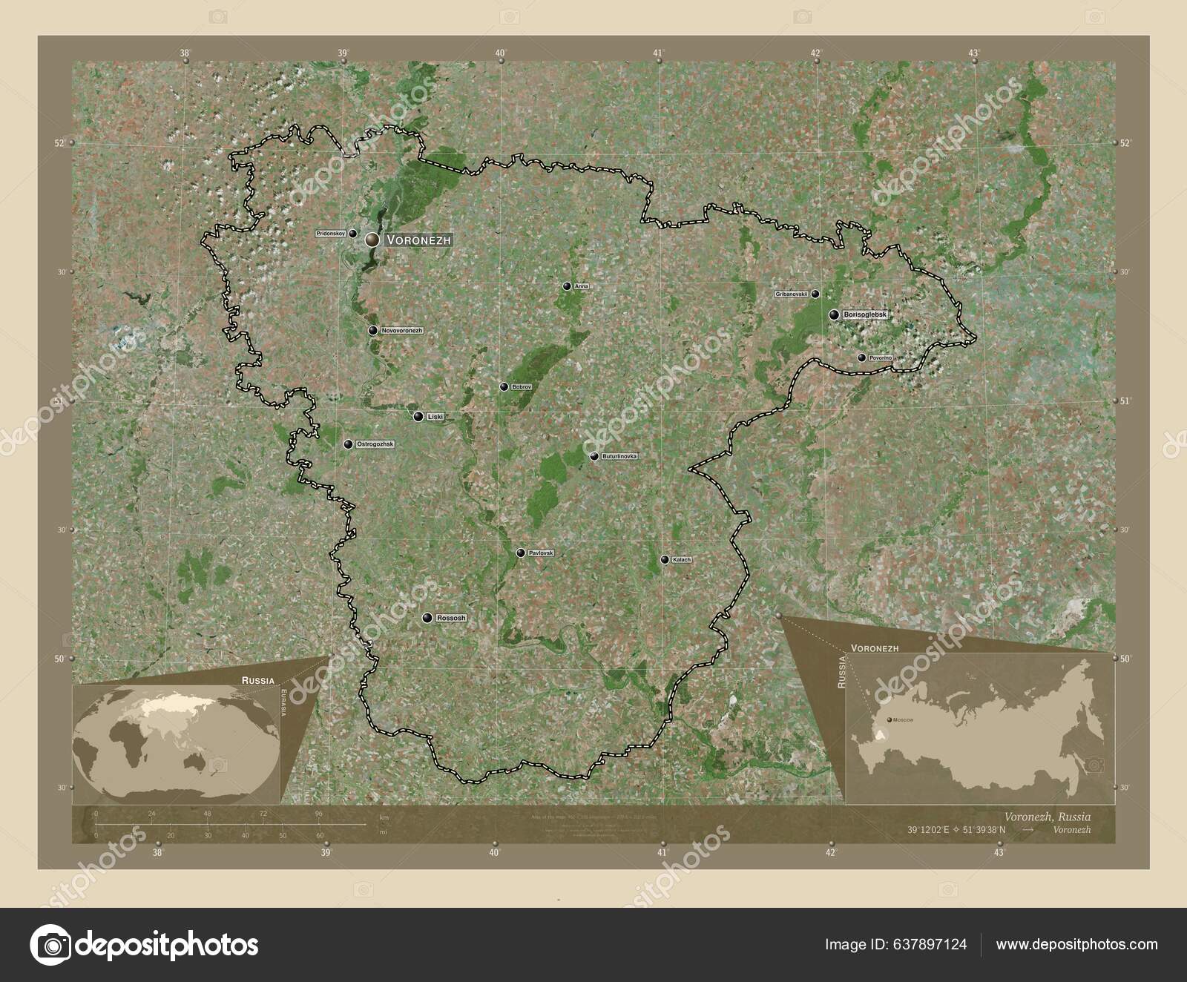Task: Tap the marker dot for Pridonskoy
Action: tap(353, 234)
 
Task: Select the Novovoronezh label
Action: tap(402, 330)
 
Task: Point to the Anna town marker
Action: tap(567, 286)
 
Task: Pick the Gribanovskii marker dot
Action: tap(815, 294)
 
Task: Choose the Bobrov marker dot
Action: tap(504, 387)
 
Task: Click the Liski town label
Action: tap(435, 417)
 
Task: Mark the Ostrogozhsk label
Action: tap(376, 445)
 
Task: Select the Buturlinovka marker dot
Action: tap(594, 456)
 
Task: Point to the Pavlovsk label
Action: tap(541, 553)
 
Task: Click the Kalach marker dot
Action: tap(665, 560)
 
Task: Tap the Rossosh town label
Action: tap(452, 618)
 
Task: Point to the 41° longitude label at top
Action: tap(658, 53)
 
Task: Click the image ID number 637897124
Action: tap(931, 944)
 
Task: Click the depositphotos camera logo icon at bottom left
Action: tap(50, 944)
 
